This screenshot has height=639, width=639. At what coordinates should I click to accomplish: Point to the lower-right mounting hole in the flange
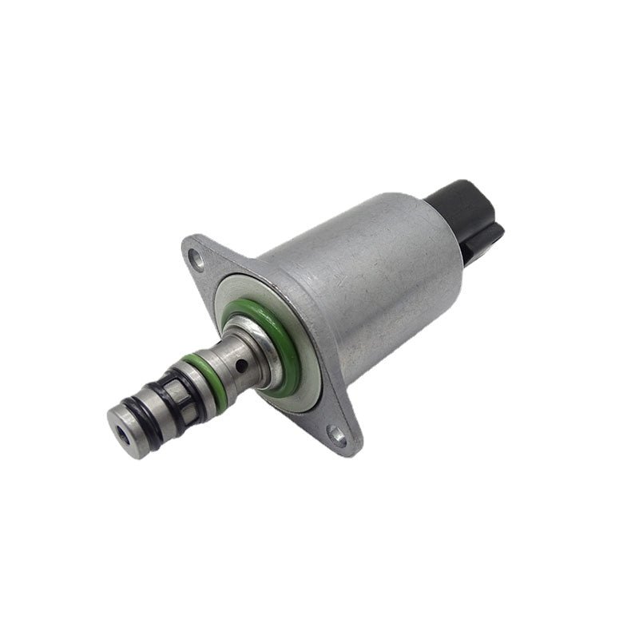pos(338,436)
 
